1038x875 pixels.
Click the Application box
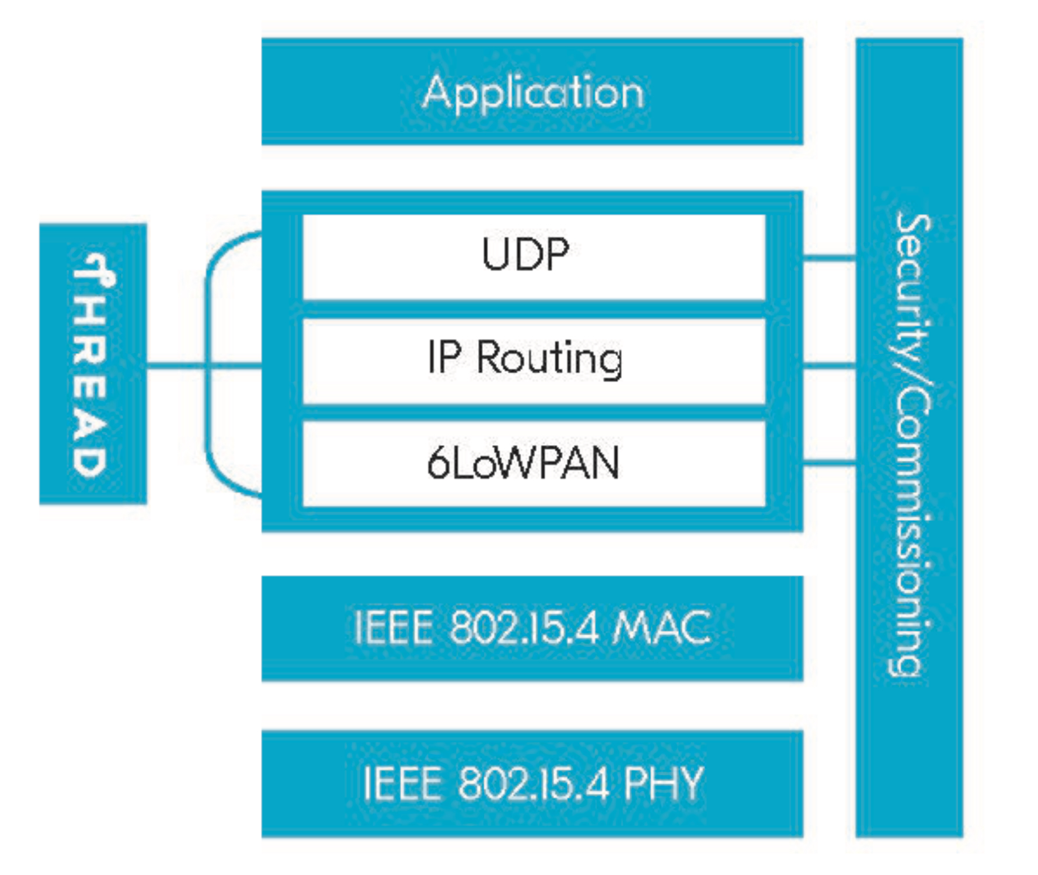click(532, 92)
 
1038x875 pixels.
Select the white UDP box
click(533, 257)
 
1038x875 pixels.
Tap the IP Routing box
click(533, 360)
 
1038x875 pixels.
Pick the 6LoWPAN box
click(533, 464)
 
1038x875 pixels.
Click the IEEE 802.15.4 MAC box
click(532, 628)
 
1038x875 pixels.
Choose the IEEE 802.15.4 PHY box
click(532, 783)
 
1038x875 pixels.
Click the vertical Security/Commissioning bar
click(909, 437)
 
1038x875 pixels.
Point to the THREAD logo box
click(93, 363)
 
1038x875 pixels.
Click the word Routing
click(549, 359)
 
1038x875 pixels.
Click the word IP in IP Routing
click(444, 357)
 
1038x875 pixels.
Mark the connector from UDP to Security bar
click(829, 257)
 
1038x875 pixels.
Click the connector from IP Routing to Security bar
click(829, 366)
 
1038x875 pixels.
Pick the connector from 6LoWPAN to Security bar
click(829, 464)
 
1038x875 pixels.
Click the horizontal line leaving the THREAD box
click(175, 366)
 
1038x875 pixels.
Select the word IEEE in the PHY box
click(402, 783)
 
